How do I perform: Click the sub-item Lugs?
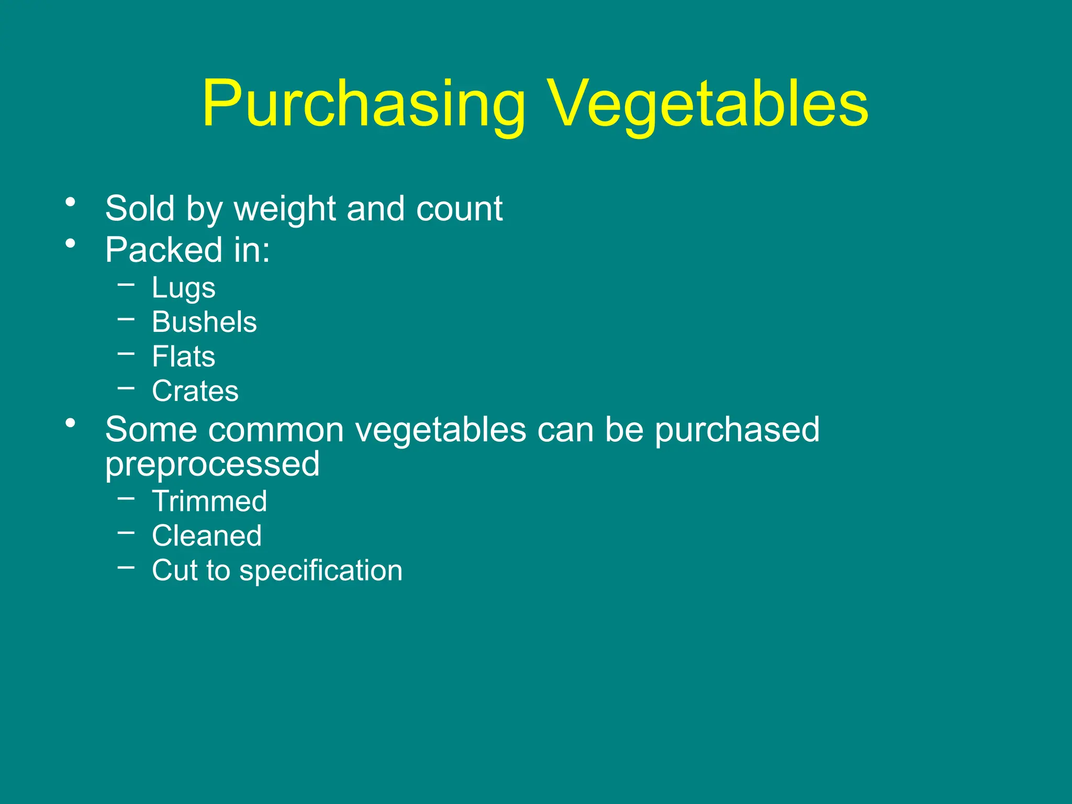coord(183,288)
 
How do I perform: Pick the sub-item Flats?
coord(183,356)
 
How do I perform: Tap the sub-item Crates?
coord(195,391)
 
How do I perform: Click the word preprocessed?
coord(212,464)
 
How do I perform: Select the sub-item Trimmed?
coord(209,501)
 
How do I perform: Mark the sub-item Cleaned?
coord(207,535)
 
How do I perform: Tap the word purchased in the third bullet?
coord(737,430)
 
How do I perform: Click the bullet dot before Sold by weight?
coord(71,202)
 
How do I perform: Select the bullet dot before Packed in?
coord(71,243)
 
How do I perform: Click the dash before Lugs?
coord(126,285)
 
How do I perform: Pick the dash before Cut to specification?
coord(126,567)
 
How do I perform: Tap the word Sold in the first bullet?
coord(140,209)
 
